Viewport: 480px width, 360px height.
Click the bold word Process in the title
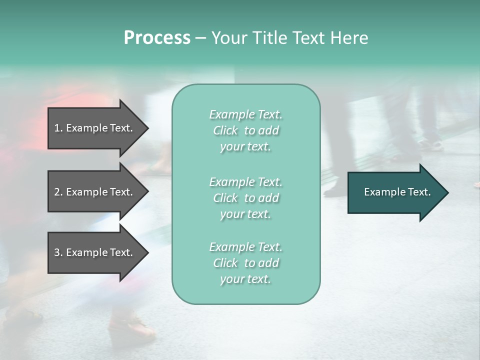(157, 38)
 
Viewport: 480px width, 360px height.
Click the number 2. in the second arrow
(58, 192)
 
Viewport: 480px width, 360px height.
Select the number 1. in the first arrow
(58, 128)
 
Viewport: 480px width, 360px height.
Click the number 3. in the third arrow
(58, 252)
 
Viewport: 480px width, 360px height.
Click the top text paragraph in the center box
(245, 130)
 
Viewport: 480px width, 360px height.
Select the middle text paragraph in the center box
(245, 198)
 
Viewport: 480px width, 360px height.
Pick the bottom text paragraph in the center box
(245, 263)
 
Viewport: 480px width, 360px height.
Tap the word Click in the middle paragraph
(225, 198)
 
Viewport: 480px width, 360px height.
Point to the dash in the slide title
(200, 38)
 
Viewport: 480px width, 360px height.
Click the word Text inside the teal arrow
(419, 192)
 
